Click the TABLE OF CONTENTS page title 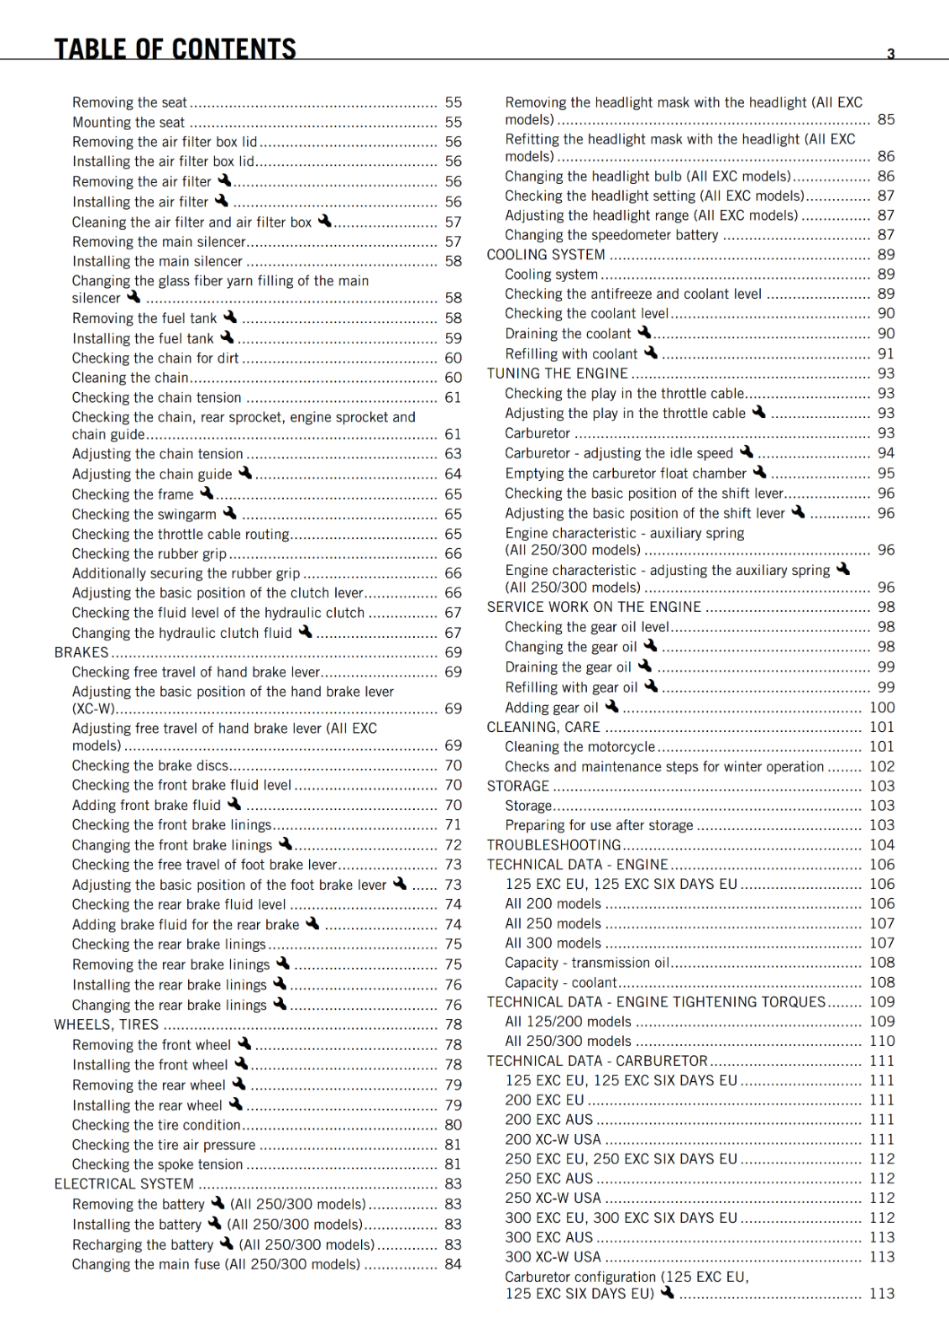pos(175,49)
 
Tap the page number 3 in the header pos(891,54)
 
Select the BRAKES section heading pos(81,652)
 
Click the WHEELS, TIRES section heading pos(107,1025)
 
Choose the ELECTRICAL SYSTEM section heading pos(124,1184)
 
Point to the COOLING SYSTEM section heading pos(546,254)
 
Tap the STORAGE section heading pos(518,786)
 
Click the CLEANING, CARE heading pos(543,727)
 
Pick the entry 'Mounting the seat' pos(128,122)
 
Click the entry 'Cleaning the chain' pos(130,378)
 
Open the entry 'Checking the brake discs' pos(150,766)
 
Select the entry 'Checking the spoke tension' pos(157,1165)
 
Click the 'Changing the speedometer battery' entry pos(611,235)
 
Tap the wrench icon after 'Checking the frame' pos(207,494)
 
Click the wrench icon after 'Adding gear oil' pos(612,707)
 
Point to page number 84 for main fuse pos(454,1264)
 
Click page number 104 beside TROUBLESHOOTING pos(882,845)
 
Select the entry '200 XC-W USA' pos(553,1140)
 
